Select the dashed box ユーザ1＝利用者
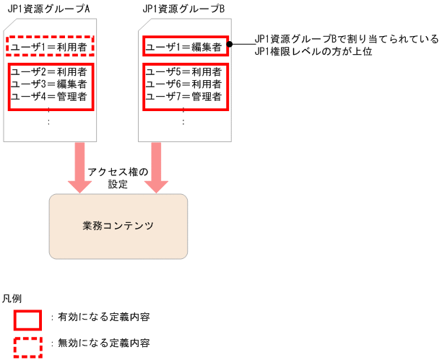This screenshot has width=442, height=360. click(49, 48)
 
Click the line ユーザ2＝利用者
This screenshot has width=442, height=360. click(49, 71)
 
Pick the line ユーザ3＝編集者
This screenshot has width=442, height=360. click(49, 84)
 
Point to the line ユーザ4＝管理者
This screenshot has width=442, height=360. click(49, 96)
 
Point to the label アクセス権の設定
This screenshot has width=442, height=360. click(118, 177)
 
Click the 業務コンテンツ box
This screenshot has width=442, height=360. click(118, 226)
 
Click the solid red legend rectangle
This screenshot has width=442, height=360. click(28, 318)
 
